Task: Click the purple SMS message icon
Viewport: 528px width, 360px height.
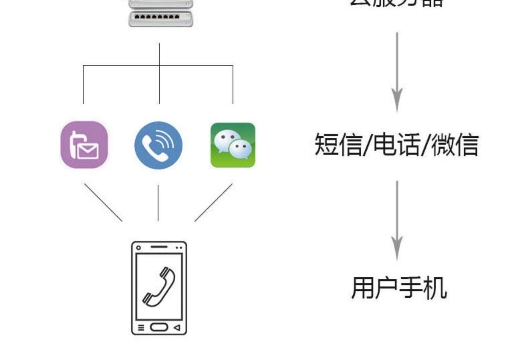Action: pyautogui.click(x=84, y=144)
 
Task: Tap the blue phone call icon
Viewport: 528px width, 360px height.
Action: pyautogui.click(x=158, y=145)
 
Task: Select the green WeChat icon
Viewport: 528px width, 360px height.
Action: pyautogui.click(x=233, y=145)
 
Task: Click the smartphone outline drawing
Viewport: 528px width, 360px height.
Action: pyautogui.click(x=159, y=288)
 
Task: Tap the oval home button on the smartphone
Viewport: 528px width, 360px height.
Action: pyautogui.click(x=159, y=327)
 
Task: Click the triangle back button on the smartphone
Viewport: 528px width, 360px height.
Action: pyautogui.click(x=177, y=328)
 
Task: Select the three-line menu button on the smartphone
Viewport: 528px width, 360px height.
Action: pyautogui.click(x=141, y=328)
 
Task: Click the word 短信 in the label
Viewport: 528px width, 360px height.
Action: pyautogui.click(x=338, y=144)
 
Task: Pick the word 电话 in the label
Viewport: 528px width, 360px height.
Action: pyautogui.click(x=397, y=144)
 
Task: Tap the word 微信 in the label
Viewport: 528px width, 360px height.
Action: pyautogui.click(x=455, y=144)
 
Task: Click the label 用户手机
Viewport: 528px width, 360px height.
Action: pyautogui.click(x=399, y=288)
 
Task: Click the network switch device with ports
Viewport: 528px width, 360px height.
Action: pyautogui.click(x=161, y=18)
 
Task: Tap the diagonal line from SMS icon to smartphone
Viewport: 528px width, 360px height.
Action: pyautogui.click(x=103, y=202)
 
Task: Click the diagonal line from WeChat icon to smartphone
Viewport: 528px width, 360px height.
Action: pyautogui.click(x=213, y=202)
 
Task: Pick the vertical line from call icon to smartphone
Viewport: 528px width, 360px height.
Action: pyautogui.click(x=158, y=203)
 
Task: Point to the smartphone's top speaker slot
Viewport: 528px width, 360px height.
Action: pyautogui.click(x=159, y=247)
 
